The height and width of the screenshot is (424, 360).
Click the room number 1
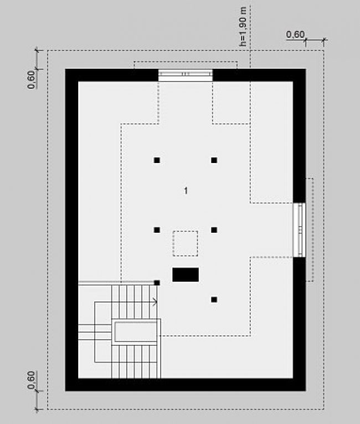pos(186,191)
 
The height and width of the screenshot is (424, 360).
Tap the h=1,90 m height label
pos(243,27)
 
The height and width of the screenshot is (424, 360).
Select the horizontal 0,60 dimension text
pos(295,34)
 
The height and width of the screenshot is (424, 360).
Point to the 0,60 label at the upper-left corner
pos(31,79)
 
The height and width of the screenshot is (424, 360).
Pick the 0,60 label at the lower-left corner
pos(31,380)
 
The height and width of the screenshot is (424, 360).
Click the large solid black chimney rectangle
pos(186,275)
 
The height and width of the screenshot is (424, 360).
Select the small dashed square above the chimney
pos(185,243)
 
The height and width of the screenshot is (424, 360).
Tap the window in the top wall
pos(186,75)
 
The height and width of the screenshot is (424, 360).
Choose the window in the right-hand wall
pos(299,230)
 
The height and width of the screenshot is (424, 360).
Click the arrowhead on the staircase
pos(155,302)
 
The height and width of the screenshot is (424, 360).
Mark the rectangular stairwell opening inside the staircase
pos(136,332)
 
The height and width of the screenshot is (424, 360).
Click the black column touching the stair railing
pos(157,283)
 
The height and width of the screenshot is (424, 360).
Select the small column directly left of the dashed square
pos(157,230)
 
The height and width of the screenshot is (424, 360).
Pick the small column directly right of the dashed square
pos(214,230)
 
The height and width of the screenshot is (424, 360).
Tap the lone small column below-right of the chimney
pos(214,300)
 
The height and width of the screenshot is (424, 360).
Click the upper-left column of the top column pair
pos(157,160)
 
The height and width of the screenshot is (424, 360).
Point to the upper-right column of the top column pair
pos(214,160)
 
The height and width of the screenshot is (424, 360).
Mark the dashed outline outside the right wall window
pos(313,230)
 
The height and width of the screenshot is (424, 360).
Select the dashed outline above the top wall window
pos(186,62)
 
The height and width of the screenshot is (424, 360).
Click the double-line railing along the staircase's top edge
pos(116,283)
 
